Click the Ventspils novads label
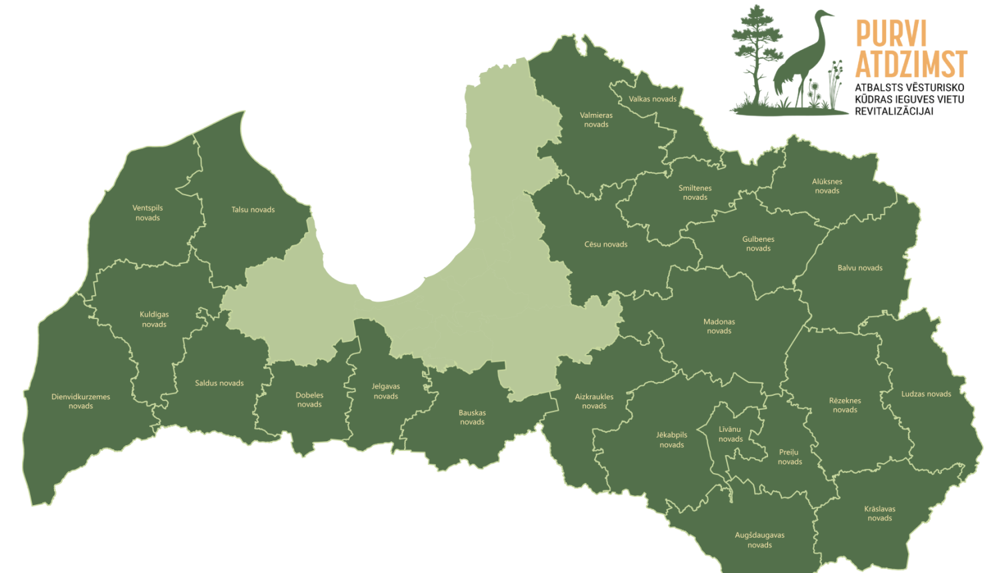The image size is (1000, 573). (147, 213)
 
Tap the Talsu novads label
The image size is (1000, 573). (253, 209)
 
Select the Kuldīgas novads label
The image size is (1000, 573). (154, 319)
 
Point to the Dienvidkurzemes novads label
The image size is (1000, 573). (81, 401)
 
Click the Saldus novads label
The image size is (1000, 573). (219, 383)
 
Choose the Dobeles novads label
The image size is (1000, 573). (309, 400)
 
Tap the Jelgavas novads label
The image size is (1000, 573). (386, 391)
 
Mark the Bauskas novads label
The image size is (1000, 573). (472, 417)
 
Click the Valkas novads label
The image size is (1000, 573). (653, 99)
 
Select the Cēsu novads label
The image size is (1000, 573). (606, 245)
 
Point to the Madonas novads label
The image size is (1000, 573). (719, 326)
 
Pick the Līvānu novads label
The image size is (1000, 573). (730, 434)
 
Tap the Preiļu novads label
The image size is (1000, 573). (789, 456)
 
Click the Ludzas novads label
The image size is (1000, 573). (926, 394)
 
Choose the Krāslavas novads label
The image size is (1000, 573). (880, 513)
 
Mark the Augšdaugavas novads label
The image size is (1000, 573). (760, 540)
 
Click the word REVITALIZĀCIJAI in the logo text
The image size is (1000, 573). (894, 111)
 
